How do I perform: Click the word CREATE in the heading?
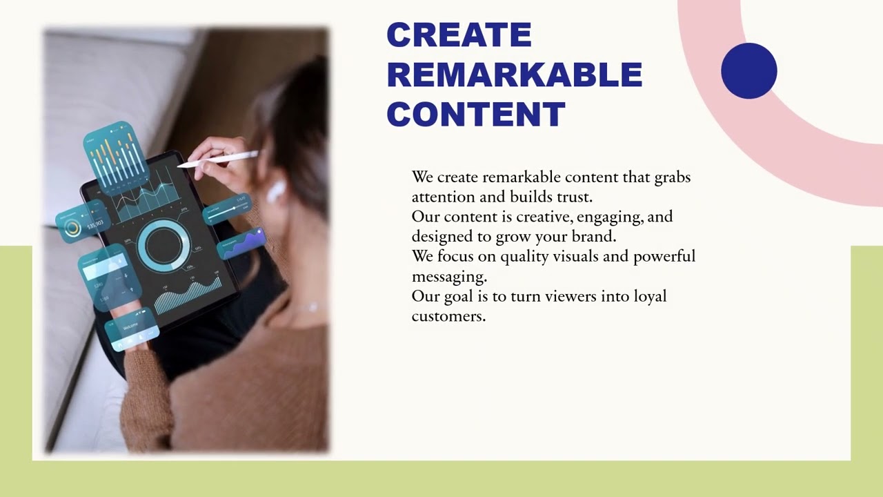[x=459, y=35]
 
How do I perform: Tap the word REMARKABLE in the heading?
[x=515, y=75]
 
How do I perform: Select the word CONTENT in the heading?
[x=476, y=114]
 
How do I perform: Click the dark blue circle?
[x=749, y=70]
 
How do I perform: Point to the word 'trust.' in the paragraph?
[x=575, y=197]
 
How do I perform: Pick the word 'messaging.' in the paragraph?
[x=449, y=277]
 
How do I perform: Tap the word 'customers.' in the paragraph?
[x=449, y=316]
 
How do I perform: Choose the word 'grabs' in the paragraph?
[x=672, y=177]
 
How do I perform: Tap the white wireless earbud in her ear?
[x=276, y=191]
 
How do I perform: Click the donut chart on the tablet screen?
[x=163, y=245]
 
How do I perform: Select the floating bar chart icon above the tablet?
[x=116, y=156]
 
